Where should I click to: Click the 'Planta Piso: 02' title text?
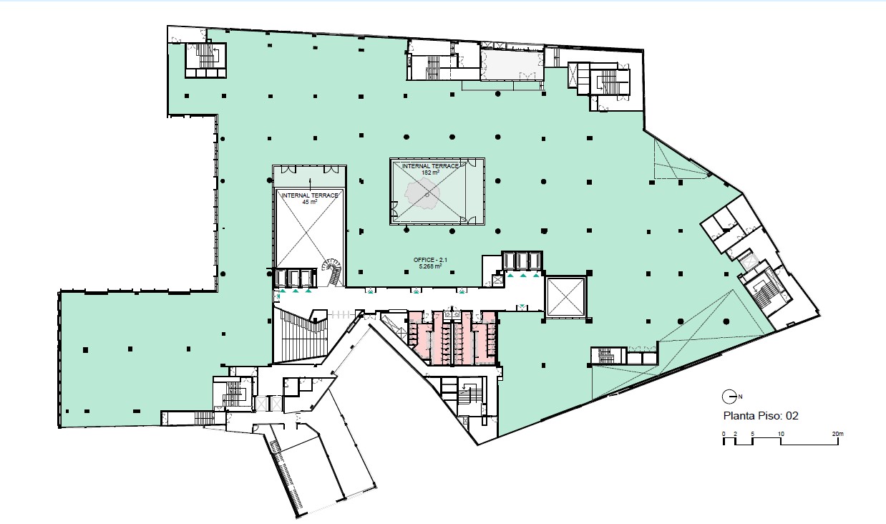click(x=759, y=416)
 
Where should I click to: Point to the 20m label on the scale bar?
click(x=838, y=434)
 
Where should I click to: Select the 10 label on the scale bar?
click(x=781, y=434)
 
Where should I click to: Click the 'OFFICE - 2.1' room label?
click(x=430, y=260)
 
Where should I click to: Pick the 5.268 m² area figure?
click(x=430, y=266)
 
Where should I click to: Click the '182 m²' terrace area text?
click(x=430, y=173)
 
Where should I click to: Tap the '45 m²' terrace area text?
click(x=310, y=202)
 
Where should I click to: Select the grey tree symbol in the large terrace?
click(x=422, y=193)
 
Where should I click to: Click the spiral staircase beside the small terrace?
click(x=332, y=271)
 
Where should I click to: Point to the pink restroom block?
click(x=452, y=338)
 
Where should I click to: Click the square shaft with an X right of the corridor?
click(x=565, y=297)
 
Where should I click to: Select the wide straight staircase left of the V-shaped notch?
click(x=301, y=336)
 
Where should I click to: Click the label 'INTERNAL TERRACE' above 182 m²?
click(x=430, y=166)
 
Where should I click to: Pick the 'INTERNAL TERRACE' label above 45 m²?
click(x=310, y=195)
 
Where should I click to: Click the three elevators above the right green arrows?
click(x=522, y=261)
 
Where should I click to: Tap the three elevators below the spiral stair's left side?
click(x=295, y=278)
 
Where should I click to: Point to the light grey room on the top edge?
click(x=512, y=65)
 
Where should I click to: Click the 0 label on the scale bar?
click(x=724, y=434)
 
